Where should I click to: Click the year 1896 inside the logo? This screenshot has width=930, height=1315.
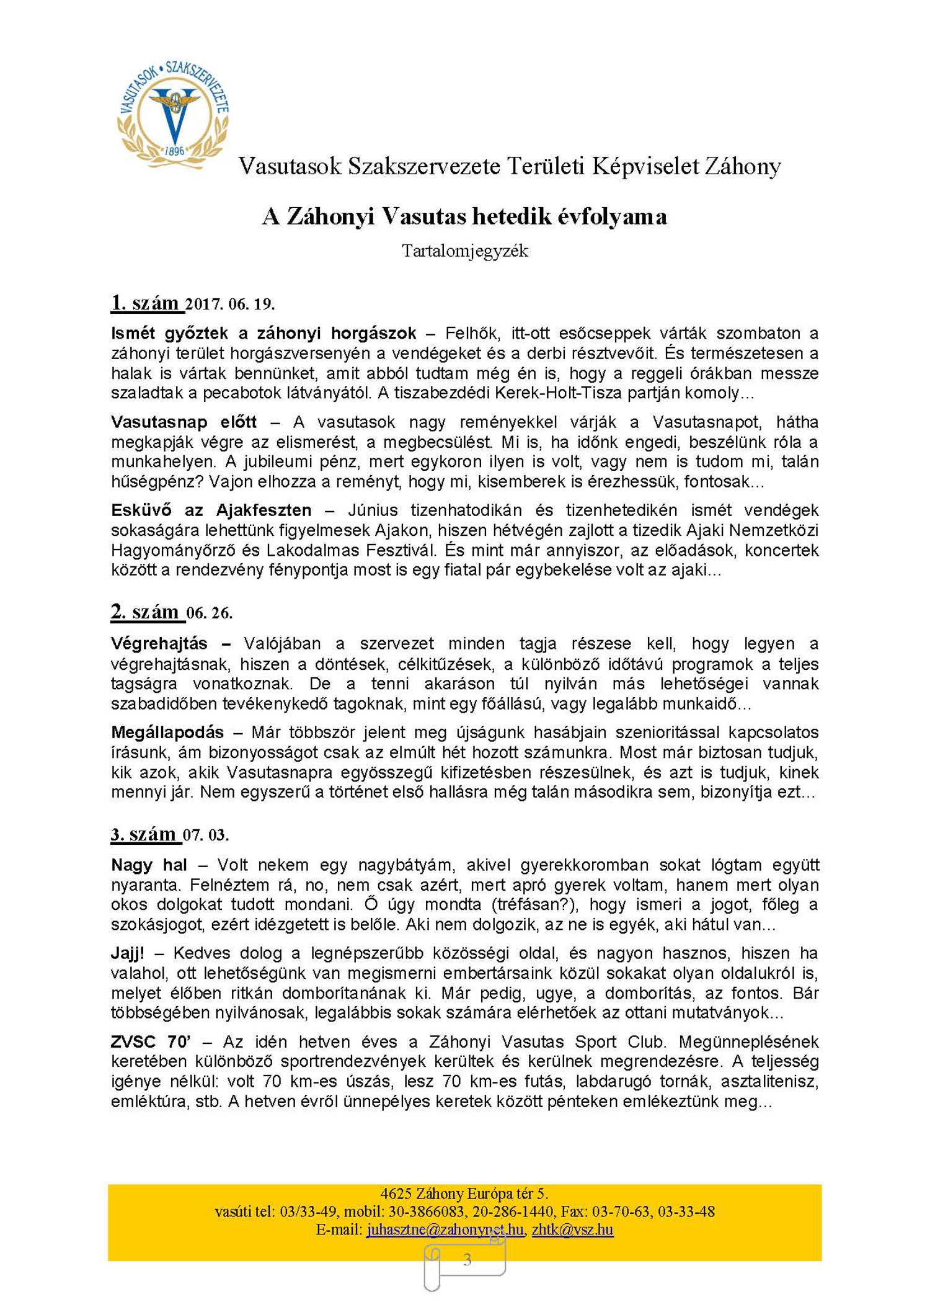pos(175,151)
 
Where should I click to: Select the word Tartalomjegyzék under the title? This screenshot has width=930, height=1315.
pos(464,251)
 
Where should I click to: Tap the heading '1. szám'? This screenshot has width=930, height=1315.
pos(146,303)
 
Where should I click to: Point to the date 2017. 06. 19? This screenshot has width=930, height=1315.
pos(230,305)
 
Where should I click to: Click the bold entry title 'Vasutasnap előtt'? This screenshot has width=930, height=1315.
pos(184,422)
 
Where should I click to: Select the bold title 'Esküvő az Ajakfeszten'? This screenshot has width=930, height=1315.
pos(211,510)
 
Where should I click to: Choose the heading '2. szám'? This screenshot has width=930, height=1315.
pos(146,612)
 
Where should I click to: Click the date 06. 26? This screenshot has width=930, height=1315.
pos(210,613)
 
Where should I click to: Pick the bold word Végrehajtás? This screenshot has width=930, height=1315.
pos(159,643)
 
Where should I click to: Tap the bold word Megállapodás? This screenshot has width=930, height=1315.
pos(167,733)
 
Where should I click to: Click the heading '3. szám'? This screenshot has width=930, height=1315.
pos(145,834)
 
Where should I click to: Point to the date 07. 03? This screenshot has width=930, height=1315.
pos(206,836)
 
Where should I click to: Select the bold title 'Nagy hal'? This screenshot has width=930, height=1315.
pos(149,865)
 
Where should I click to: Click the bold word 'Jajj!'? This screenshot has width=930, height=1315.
pos(128,953)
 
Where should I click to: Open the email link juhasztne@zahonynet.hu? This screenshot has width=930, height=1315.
pos(445,1229)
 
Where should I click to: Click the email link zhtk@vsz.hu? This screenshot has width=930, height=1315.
pos(572,1229)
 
